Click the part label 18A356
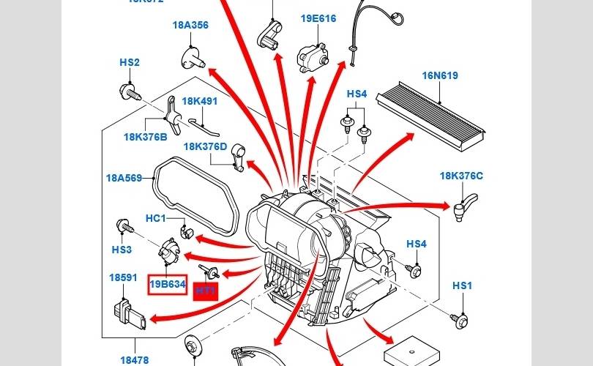pos(190,25)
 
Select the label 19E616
pos(318,18)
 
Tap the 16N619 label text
pos(439,75)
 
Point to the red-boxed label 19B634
pos(168,285)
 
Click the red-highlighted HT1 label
pos(206,291)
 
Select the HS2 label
pos(130,63)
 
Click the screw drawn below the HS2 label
pos(129,92)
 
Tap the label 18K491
pos(199,101)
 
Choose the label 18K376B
pos(145,137)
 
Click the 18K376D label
pos(205,146)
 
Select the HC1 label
pos(156,218)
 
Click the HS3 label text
pos(122,250)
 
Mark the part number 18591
pos(123,278)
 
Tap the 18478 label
pos(134,360)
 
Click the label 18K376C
pos(461,176)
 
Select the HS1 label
pos(462,285)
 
